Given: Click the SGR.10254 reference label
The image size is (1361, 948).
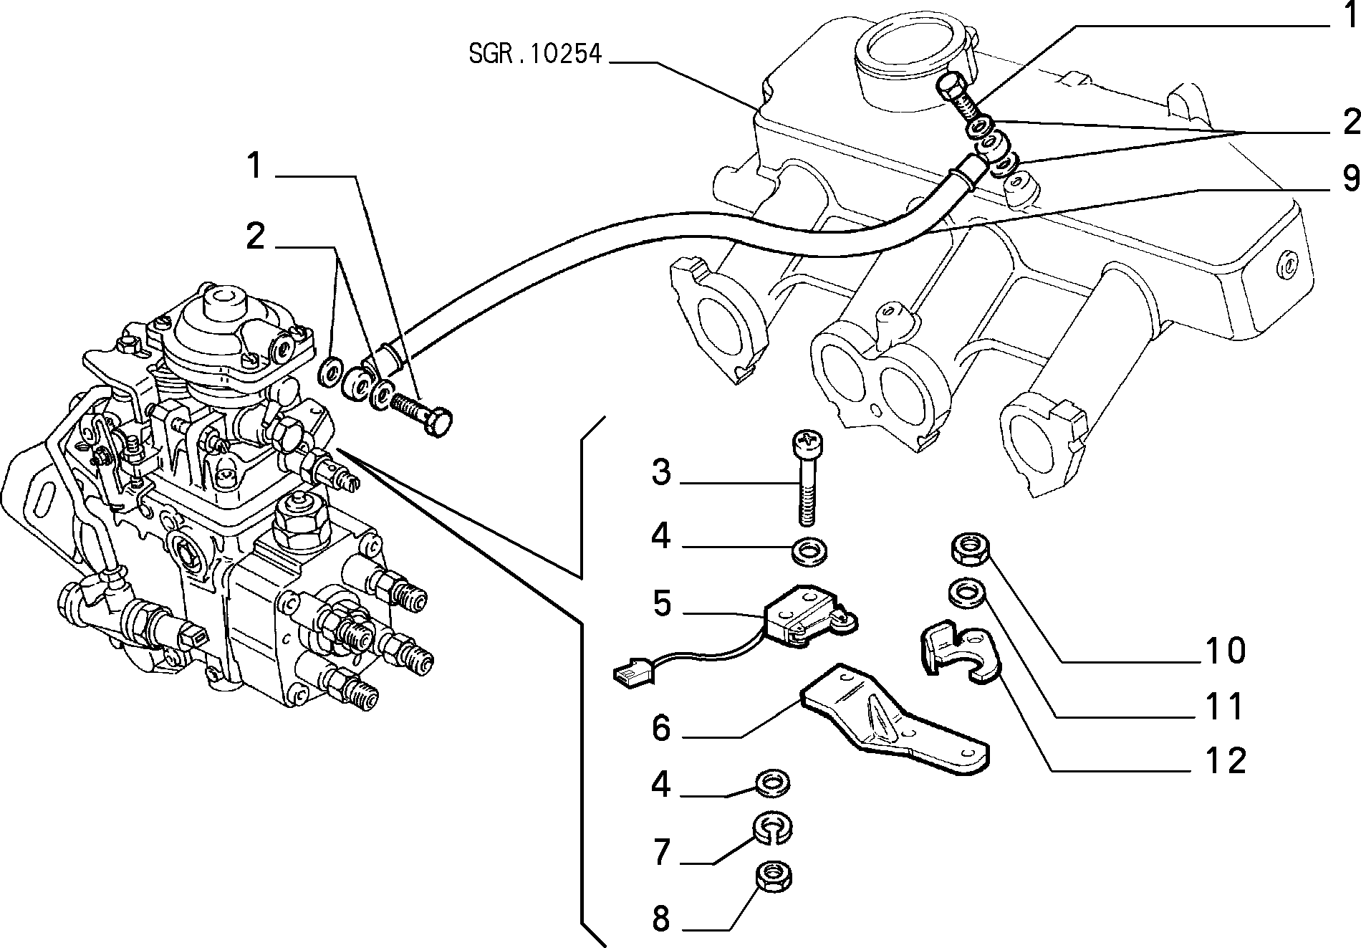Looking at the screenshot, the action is point(535,54).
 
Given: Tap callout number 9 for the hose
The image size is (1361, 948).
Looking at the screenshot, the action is point(1350,178).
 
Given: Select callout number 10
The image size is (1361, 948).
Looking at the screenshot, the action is point(1226,650).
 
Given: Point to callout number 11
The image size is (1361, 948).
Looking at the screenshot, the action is point(1226,706).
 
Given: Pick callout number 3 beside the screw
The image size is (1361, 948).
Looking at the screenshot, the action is point(661,474).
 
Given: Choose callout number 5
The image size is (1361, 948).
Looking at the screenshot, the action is point(662,603).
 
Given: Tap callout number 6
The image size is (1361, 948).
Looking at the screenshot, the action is point(661,729).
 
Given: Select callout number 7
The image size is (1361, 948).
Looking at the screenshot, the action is point(661,853).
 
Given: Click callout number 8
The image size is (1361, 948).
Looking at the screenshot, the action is point(661,918).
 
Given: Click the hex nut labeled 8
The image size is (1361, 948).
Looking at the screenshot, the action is point(774,878).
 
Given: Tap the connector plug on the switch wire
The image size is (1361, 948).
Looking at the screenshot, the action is point(632,674).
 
